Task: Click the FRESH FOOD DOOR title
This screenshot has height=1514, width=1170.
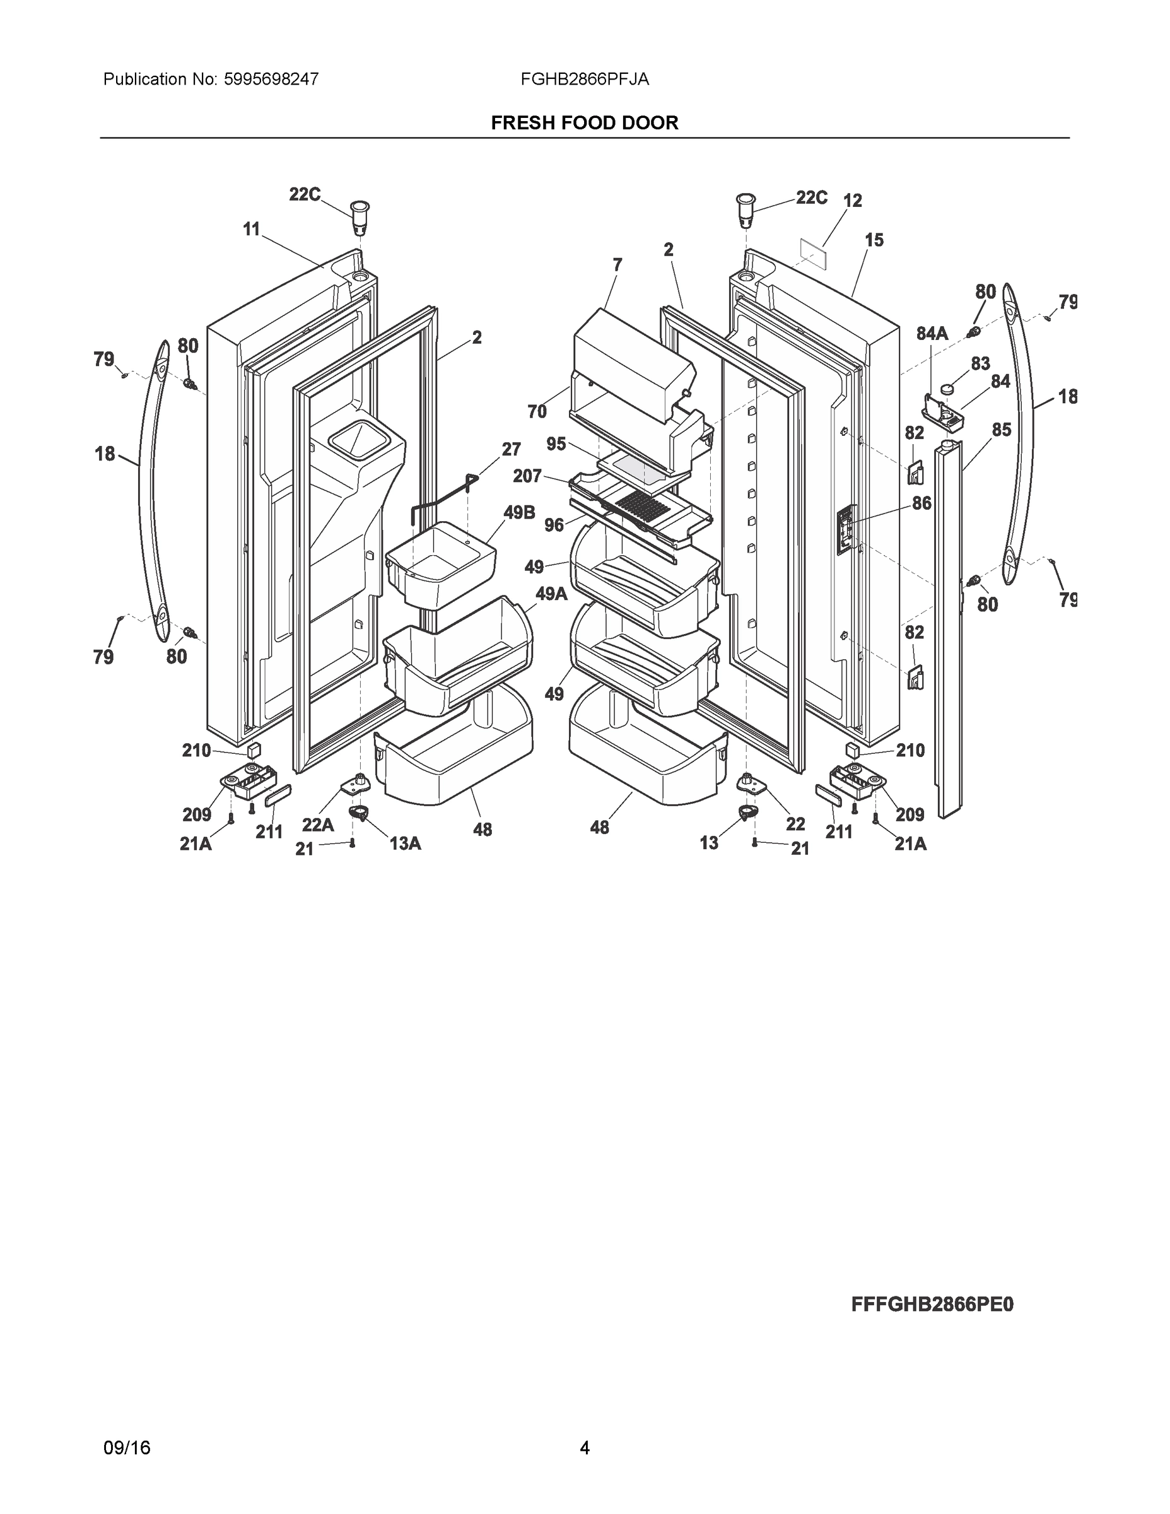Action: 584,123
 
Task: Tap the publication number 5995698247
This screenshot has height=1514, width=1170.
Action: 271,79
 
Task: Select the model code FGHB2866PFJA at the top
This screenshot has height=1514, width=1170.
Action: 584,79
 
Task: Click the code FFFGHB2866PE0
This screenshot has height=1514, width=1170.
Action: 932,1305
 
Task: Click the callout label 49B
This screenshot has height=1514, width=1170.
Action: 519,513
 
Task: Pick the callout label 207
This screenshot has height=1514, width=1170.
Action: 527,476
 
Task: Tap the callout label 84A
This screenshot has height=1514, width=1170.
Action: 932,334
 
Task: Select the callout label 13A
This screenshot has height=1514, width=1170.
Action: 406,843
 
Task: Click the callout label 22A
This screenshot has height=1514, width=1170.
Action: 317,825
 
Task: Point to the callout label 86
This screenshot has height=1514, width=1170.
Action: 921,503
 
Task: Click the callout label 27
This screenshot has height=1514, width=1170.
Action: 512,449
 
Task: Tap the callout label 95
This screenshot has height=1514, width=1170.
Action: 556,443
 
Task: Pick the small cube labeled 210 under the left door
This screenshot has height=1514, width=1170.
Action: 254,750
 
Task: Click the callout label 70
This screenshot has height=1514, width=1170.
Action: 537,412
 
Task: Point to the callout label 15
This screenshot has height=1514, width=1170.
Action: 874,240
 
